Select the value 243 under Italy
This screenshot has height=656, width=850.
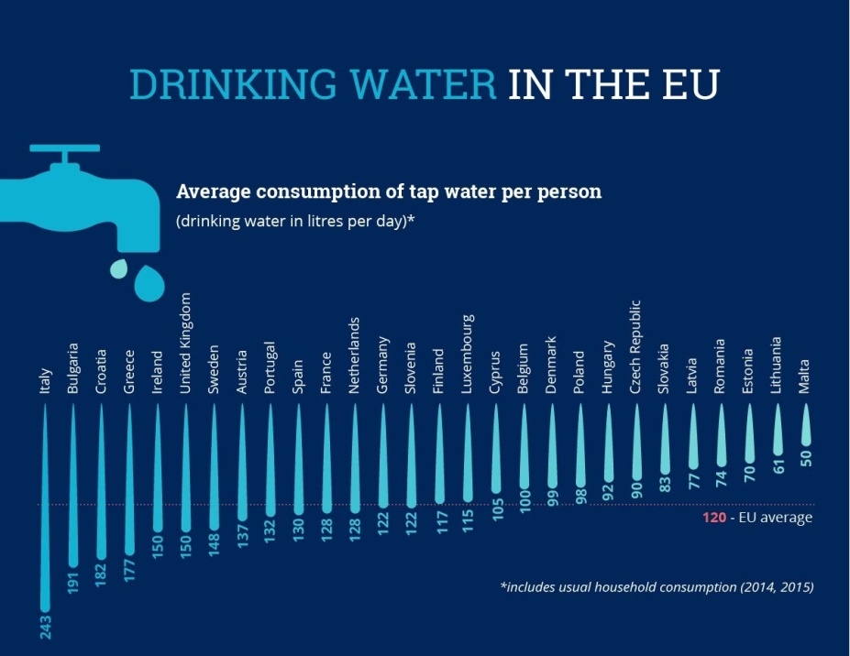click(45, 628)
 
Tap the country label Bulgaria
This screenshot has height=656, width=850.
click(73, 368)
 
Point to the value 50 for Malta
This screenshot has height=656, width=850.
click(807, 457)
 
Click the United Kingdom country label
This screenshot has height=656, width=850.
click(186, 344)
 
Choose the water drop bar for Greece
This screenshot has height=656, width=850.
click(129, 476)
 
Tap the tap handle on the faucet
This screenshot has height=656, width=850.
click(63, 148)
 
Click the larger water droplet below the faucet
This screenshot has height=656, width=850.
click(148, 283)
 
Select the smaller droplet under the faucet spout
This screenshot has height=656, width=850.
click(119, 268)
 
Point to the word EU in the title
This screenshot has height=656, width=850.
click(689, 84)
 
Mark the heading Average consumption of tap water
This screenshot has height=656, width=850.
click(388, 191)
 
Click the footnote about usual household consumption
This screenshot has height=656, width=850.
click(656, 586)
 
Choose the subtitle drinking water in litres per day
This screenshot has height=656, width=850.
click(296, 221)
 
